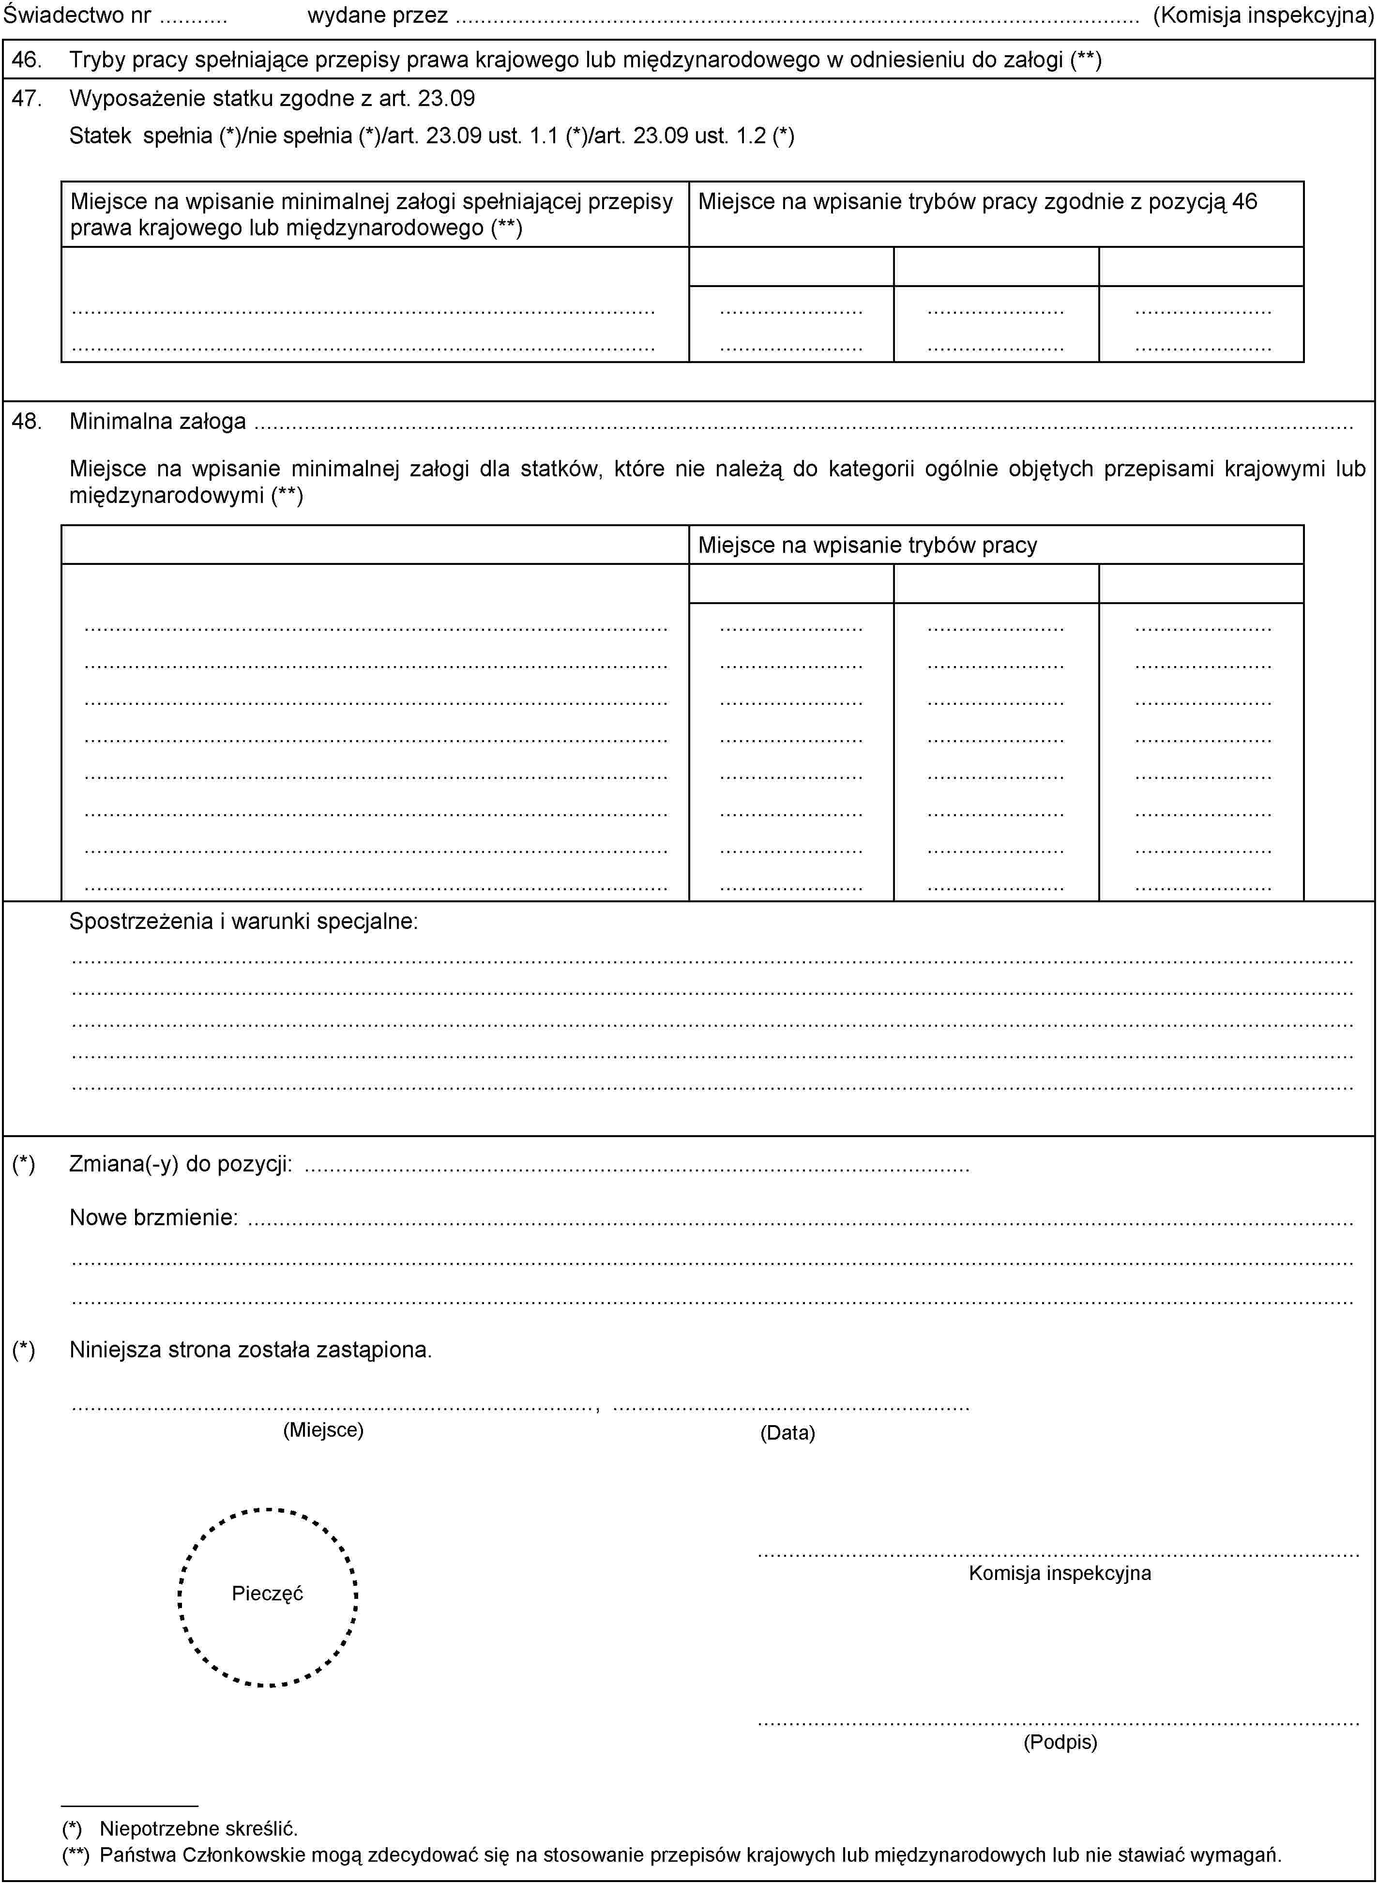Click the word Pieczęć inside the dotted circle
click(267, 1594)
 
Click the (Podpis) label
click(1060, 1742)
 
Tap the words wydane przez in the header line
click(377, 15)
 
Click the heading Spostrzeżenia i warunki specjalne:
click(243, 922)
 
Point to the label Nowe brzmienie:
click(153, 1217)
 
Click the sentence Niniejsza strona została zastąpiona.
click(250, 1350)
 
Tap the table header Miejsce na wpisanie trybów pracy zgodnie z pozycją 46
click(977, 202)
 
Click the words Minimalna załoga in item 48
click(158, 421)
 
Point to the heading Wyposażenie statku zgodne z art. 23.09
click(272, 98)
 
